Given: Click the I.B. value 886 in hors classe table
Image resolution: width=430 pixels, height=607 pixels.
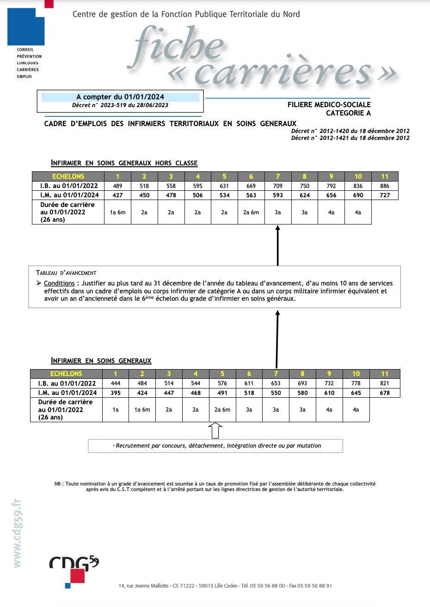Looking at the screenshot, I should tap(385, 186).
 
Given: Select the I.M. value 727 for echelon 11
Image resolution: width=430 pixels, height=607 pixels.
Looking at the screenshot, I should tap(385, 195).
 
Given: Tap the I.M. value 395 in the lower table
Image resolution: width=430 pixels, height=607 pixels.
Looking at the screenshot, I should tap(115, 393).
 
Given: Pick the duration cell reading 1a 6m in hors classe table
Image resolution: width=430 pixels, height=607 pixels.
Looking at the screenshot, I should tap(117, 212).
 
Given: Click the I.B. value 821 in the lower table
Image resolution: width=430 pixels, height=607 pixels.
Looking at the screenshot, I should tap(384, 383).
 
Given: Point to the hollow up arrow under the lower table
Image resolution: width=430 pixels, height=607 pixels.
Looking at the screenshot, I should tap(215, 431).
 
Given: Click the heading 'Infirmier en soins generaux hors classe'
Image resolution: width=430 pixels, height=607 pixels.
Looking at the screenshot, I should tap(124, 163).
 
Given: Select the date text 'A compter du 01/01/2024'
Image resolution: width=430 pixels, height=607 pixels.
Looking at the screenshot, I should tap(120, 97).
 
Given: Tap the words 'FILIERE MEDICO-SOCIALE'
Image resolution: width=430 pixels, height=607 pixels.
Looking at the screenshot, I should tap(329, 105).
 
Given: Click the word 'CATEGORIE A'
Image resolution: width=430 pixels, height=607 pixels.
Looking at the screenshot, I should tap(348, 113).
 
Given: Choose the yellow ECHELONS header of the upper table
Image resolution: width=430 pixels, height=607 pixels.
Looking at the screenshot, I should tap(68, 176).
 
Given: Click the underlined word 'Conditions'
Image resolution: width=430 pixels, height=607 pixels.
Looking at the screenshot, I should tap(59, 283).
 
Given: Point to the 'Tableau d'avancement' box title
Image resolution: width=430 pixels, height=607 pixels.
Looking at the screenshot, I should tap(66, 273).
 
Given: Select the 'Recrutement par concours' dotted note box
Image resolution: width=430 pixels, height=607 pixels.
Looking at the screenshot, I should tap(215, 446).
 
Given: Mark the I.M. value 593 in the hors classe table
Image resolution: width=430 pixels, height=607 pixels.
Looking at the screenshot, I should tap(277, 195).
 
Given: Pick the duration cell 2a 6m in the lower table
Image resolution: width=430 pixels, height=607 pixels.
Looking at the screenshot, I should tap(222, 410).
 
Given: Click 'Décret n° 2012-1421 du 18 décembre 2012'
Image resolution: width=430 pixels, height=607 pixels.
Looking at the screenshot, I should tap(350, 138).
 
